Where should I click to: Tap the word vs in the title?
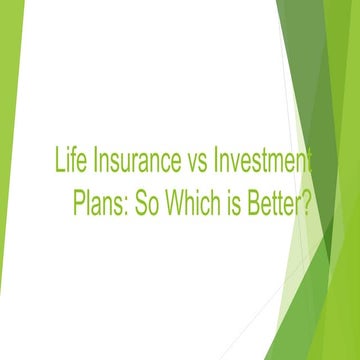click(195, 161)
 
